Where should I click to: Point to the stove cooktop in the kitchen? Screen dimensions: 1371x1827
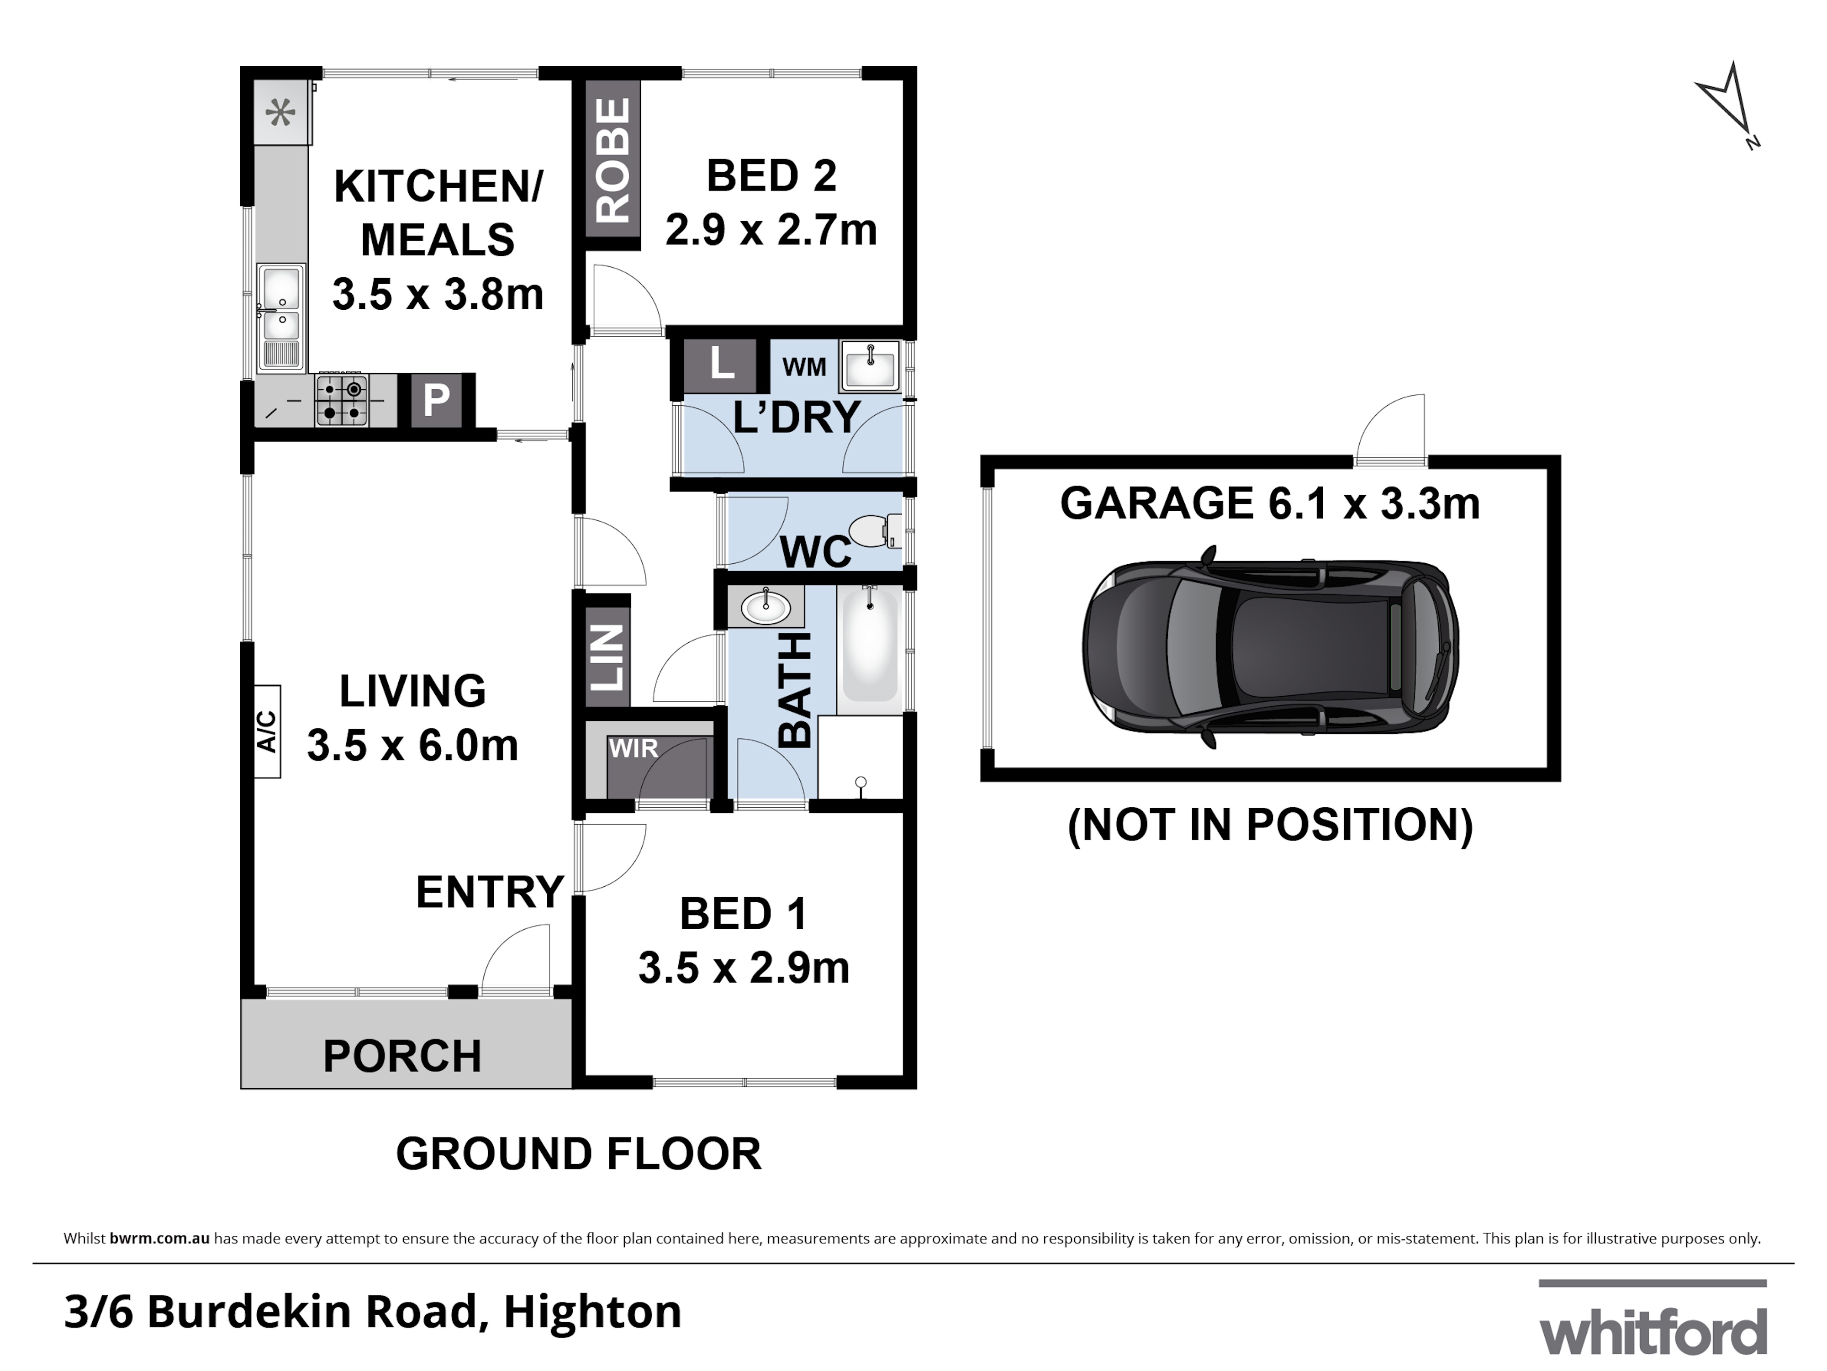[x=342, y=400]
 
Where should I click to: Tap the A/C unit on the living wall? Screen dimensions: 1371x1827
[x=267, y=732]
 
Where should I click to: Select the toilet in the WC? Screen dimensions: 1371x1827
[x=874, y=531]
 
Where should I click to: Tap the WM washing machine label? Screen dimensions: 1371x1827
[x=803, y=367]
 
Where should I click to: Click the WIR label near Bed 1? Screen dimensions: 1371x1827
[x=634, y=748]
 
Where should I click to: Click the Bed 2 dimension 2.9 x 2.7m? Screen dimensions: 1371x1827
[x=771, y=230]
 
